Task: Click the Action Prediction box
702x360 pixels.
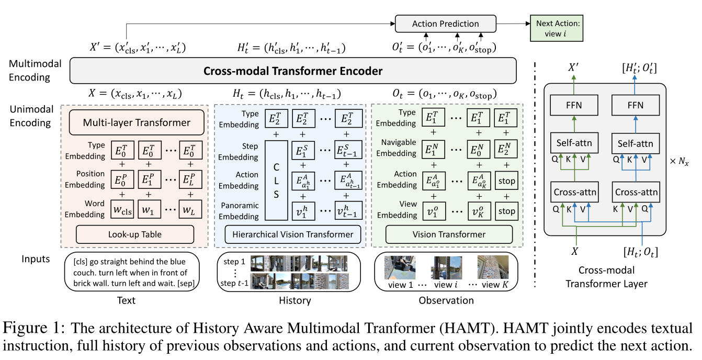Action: point(445,24)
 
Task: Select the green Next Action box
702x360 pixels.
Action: point(557,28)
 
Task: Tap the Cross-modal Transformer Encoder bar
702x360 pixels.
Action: point(292,71)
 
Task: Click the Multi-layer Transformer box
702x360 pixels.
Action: point(137,123)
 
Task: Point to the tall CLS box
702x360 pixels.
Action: point(277,180)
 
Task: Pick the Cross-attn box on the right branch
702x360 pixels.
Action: point(636,192)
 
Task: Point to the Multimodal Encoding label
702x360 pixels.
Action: point(35,71)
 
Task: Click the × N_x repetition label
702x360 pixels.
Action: point(681,162)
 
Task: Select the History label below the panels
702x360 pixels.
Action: point(293,300)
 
